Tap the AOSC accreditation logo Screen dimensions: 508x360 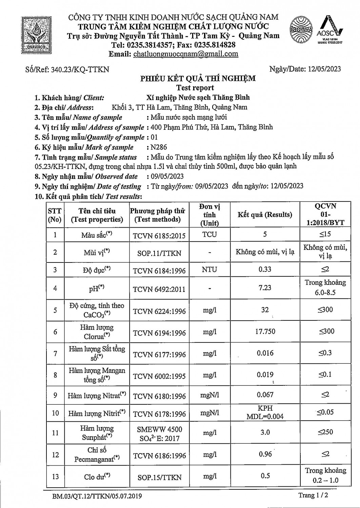pos(330,30)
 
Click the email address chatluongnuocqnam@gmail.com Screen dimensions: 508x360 pos(186,54)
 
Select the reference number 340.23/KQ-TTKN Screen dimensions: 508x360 pos(80,69)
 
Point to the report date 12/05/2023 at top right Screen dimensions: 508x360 pos(324,69)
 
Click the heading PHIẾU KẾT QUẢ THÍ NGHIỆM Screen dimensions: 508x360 pos(198,79)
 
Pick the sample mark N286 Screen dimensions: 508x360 pos(159,147)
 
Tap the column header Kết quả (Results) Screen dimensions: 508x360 pos(265,215)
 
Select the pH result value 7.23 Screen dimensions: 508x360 pos(265,288)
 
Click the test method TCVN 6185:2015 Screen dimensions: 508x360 pos(159,235)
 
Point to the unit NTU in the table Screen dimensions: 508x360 pos(209,270)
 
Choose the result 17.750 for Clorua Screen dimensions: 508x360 pos(265,332)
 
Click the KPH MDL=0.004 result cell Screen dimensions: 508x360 pos(265,412)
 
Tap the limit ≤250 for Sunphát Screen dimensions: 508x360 pos(325,432)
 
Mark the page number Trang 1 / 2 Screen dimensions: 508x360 pos(313,495)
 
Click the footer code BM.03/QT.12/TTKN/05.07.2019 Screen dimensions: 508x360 pos(97,496)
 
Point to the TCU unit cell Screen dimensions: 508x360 pos(209,234)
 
